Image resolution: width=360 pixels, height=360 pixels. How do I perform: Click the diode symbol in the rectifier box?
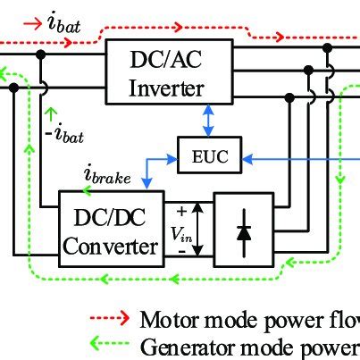tap(244, 230)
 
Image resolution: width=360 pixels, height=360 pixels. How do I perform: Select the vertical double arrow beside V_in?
tap(199, 230)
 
